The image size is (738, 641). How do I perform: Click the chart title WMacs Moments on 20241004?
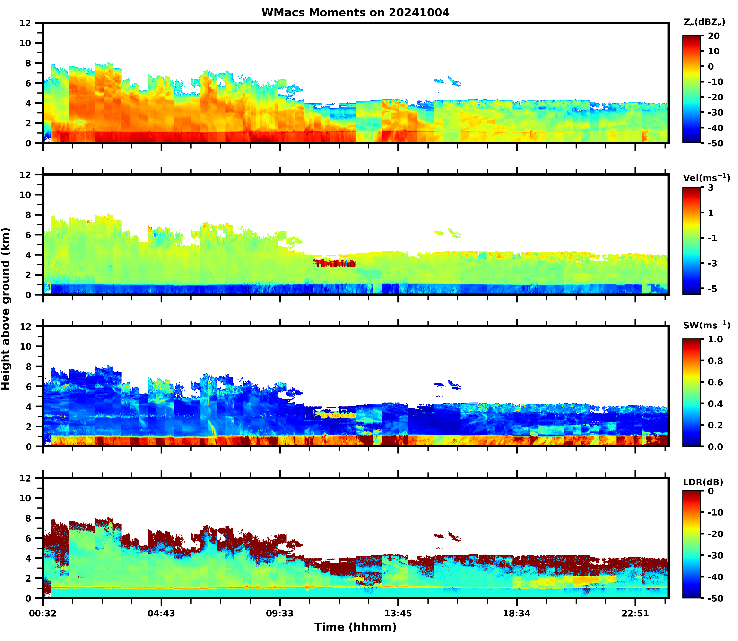click(x=355, y=12)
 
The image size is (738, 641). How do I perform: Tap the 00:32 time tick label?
click(x=43, y=614)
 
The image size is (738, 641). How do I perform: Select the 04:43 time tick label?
click(x=161, y=614)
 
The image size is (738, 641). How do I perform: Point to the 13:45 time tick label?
click(x=398, y=614)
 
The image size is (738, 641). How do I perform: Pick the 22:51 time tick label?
click(x=635, y=614)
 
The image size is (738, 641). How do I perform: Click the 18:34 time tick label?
click(x=517, y=614)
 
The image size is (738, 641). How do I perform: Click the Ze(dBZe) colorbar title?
click(x=704, y=22)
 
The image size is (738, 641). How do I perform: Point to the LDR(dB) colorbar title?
click(x=703, y=482)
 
